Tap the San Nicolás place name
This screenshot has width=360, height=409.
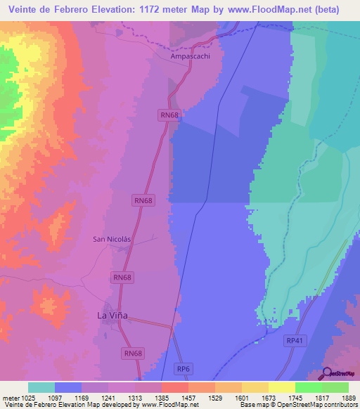[112, 239]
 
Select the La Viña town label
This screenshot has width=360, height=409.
[110, 316]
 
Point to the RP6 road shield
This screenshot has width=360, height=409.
[184, 368]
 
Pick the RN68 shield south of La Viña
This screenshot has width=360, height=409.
[132, 353]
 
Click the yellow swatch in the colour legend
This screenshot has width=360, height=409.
[282, 387]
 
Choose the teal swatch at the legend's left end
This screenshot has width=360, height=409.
[41, 387]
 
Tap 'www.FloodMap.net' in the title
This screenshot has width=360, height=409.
[281, 10]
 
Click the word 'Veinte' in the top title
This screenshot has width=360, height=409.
[25, 10]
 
